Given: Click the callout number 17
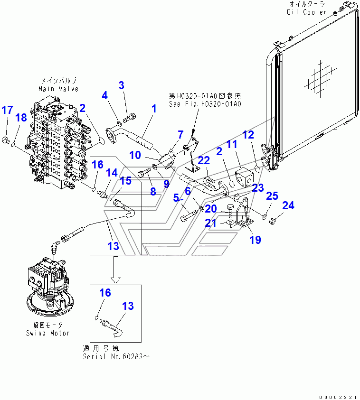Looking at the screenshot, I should [x=7, y=111].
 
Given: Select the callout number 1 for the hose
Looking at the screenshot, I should [x=154, y=109].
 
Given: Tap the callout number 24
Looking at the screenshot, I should [x=289, y=205].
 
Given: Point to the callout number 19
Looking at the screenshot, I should [x=255, y=240].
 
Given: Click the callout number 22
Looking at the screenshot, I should [x=204, y=161].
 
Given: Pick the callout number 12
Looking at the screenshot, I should [x=248, y=135].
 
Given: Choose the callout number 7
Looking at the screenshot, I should [x=180, y=135].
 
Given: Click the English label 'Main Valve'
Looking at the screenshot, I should [x=58, y=89].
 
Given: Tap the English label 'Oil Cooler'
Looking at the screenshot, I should [x=307, y=12].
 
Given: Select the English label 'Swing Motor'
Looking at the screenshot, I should [x=47, y=333].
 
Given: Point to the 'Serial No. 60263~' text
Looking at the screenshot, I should [x=116, y=357].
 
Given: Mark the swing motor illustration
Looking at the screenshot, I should [x=47, y=289].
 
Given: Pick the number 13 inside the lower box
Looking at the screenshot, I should [x=128, y=306].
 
